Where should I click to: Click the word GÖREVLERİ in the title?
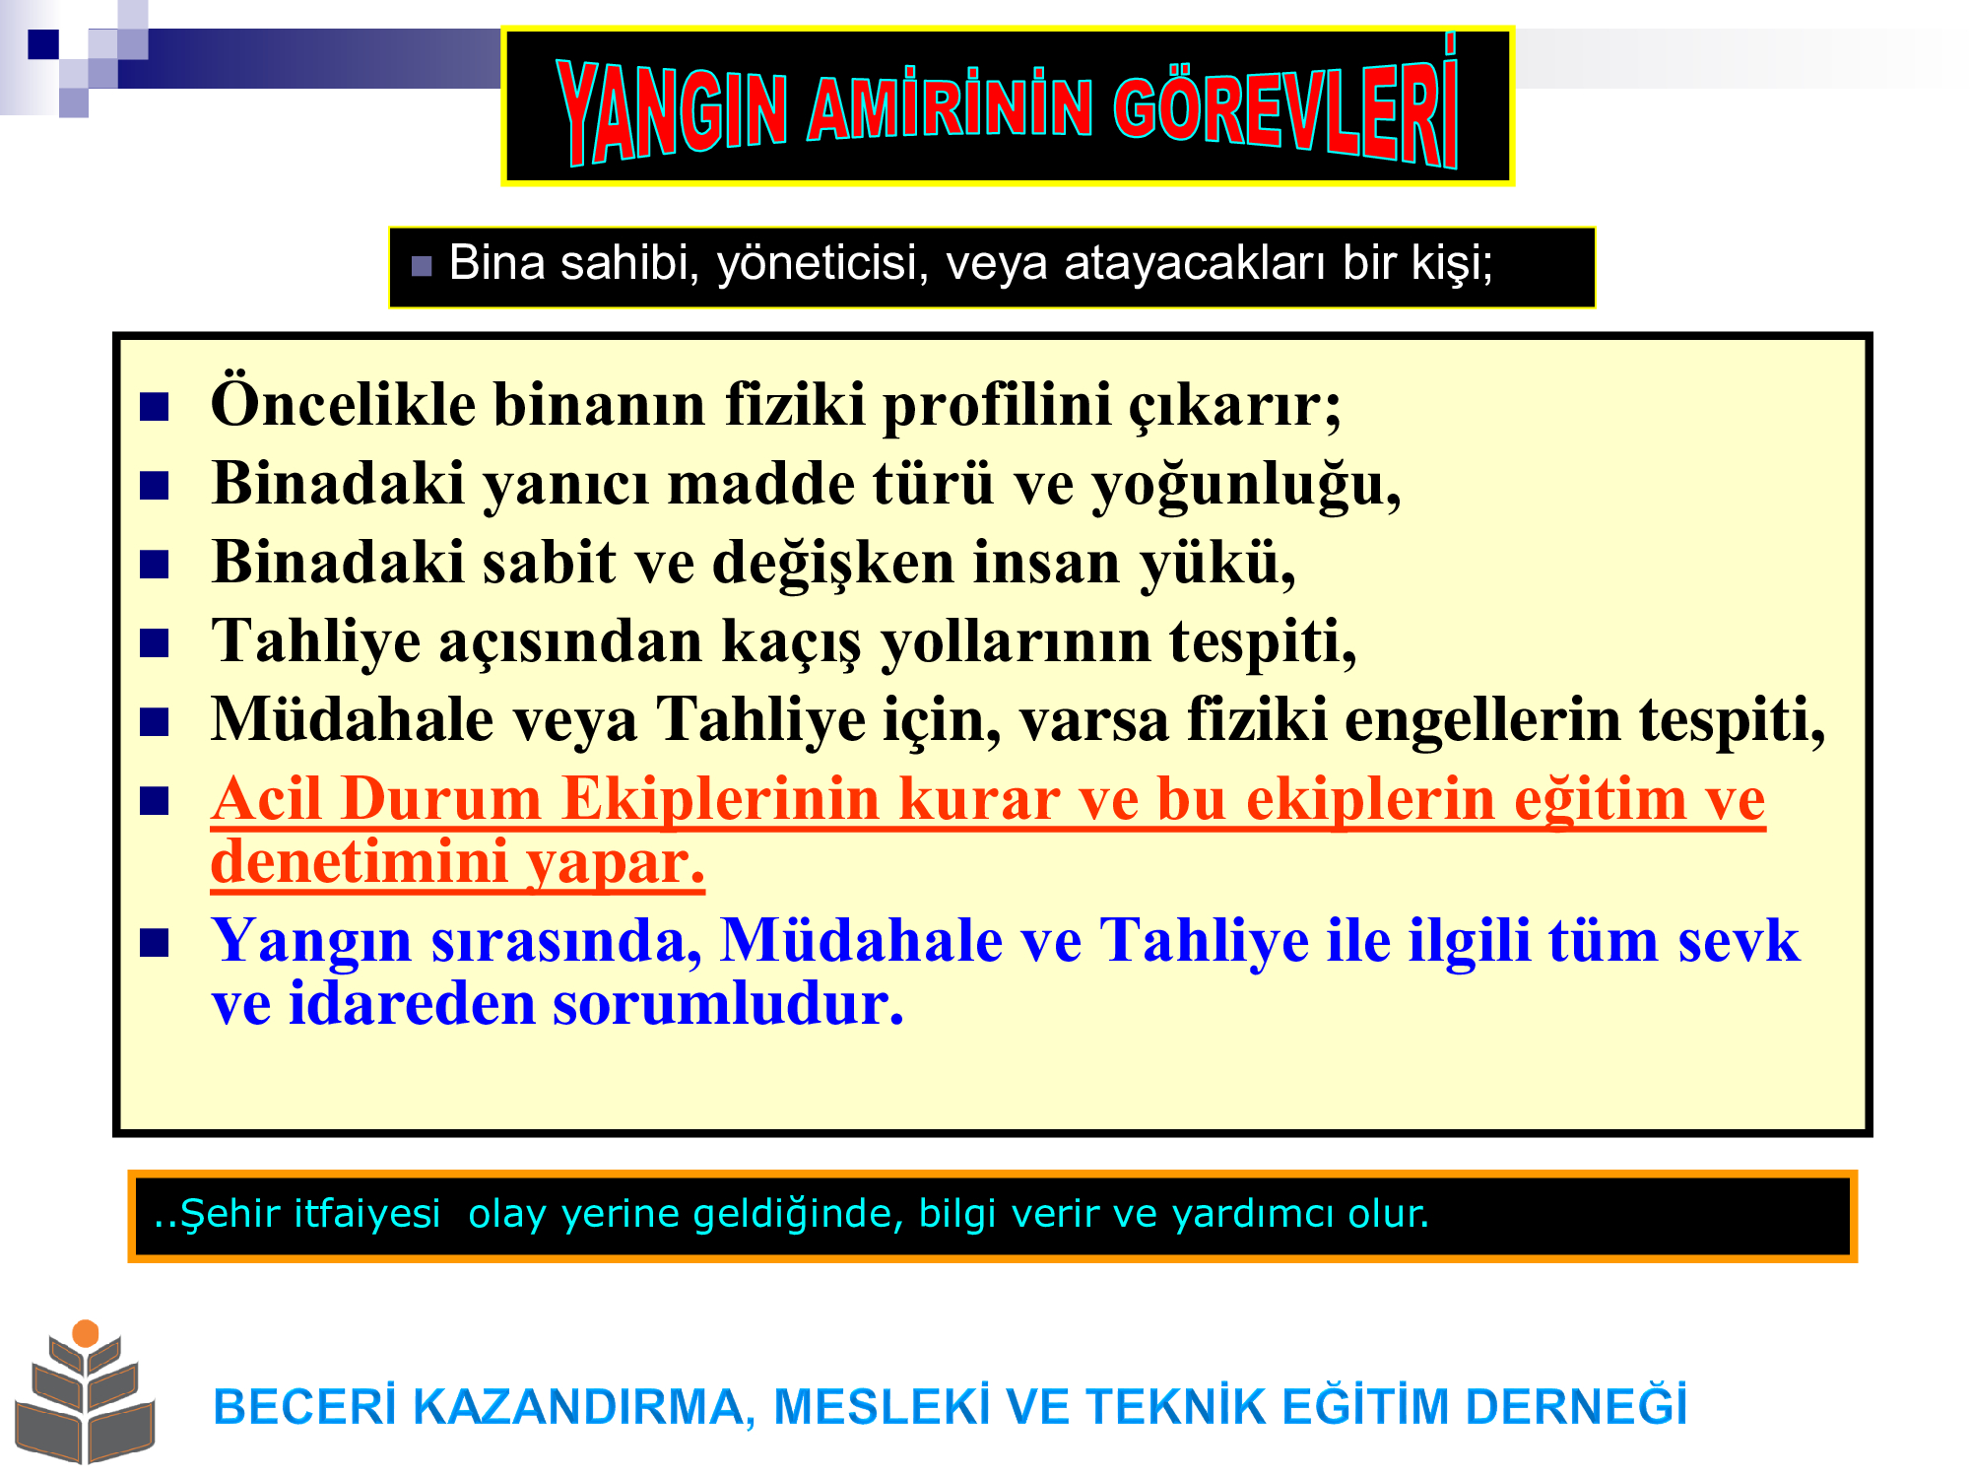1285,108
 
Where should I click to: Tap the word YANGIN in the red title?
672,110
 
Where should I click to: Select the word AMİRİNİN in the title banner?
950,106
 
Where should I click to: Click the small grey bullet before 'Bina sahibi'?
422,266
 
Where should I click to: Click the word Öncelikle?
343,403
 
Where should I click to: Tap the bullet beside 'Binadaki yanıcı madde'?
155,486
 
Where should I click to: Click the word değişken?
833,564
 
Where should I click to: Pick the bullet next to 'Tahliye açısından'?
155,643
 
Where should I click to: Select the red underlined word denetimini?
359,863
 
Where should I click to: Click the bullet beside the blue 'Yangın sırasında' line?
155,943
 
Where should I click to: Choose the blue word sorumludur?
728,1005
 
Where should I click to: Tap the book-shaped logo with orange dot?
85,1391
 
